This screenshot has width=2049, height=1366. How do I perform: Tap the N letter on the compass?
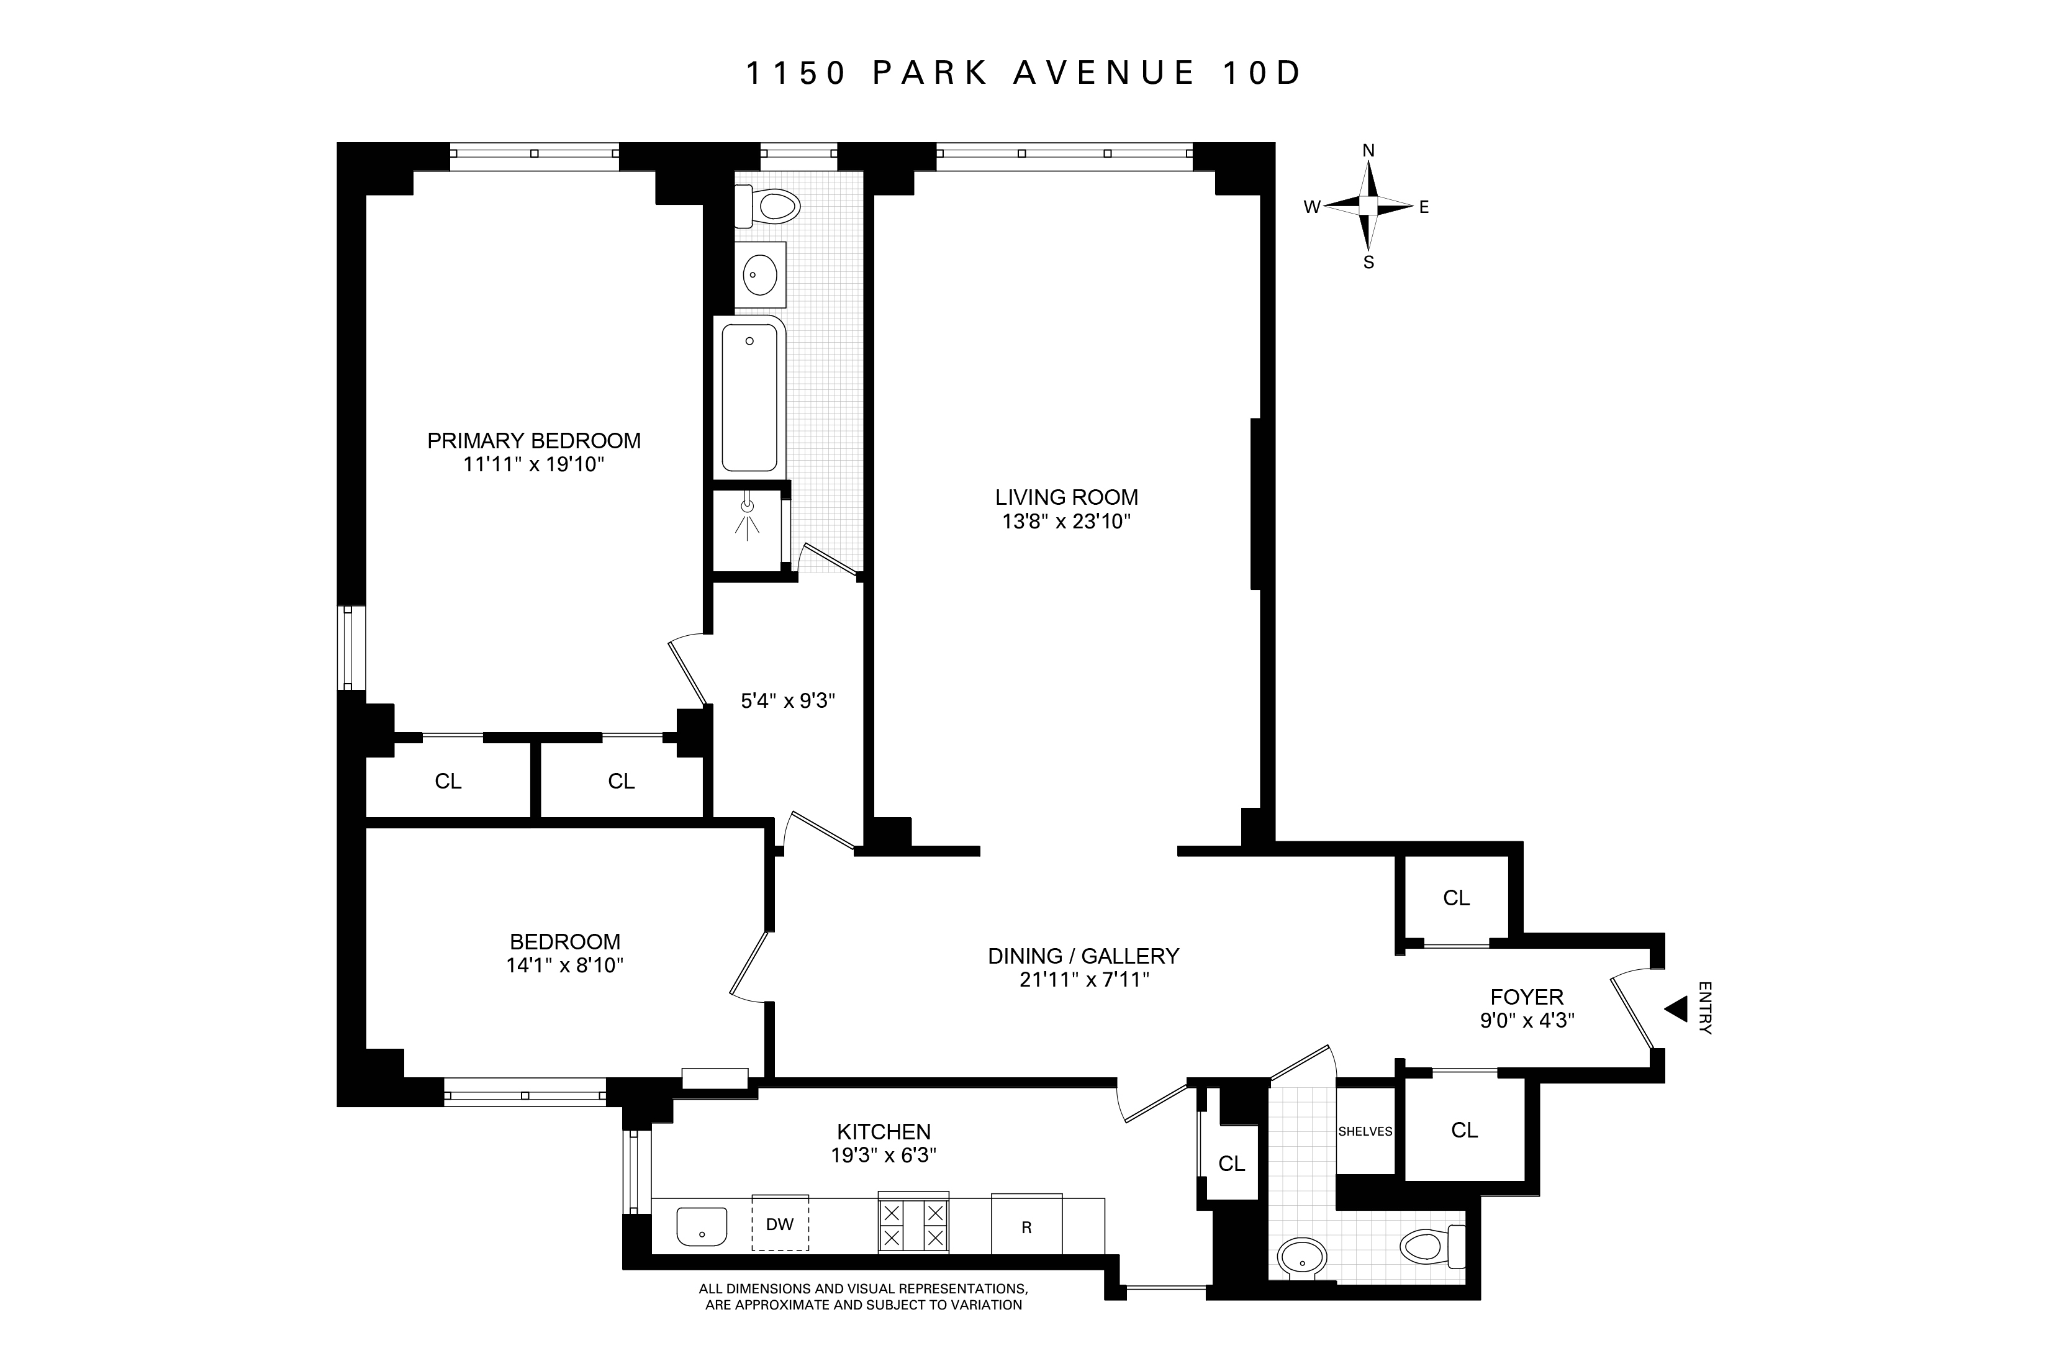tap(1368, 152)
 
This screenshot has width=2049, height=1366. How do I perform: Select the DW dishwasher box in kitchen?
tap(780, 1224)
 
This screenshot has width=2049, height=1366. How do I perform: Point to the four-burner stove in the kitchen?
tap(913, 1224)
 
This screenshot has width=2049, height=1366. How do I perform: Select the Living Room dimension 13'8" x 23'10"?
tap(1066, 522)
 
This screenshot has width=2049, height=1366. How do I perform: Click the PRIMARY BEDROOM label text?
tap(533, 441)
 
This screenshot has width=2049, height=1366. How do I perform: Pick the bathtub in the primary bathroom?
tap(749, 398)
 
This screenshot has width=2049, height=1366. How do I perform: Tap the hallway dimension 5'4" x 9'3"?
tap(787, 700)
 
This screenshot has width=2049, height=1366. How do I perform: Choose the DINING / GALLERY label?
tap(1083, 956)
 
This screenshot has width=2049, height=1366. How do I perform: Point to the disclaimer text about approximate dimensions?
tap(863, 1296)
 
